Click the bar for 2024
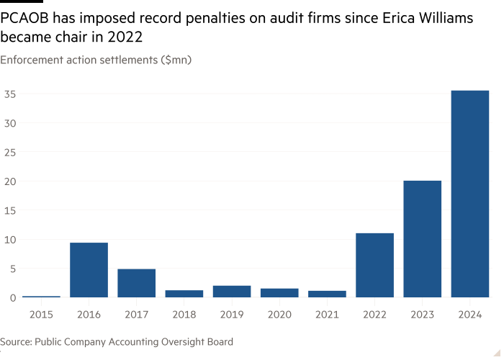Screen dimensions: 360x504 [469, 194]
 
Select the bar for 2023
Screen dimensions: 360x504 [422, 238]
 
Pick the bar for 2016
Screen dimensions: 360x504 [89, 270]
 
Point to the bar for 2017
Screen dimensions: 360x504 [136, 283]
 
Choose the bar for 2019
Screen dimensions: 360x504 [231, 291]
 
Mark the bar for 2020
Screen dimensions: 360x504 [279, 292]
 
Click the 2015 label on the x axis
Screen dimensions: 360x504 [41, 315]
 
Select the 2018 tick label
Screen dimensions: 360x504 [184, 315]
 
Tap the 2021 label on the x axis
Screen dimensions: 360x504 [326, 315]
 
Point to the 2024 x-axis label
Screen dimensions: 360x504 [469, 315]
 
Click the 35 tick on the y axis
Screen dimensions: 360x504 [9, 94]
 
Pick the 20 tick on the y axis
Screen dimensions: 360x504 [9, 181]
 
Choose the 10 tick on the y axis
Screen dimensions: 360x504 [9, 240]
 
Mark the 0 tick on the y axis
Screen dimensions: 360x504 [12, 297]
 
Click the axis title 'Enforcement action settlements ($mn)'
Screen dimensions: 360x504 [95, 60]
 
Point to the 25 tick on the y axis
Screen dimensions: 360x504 [9, 153]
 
